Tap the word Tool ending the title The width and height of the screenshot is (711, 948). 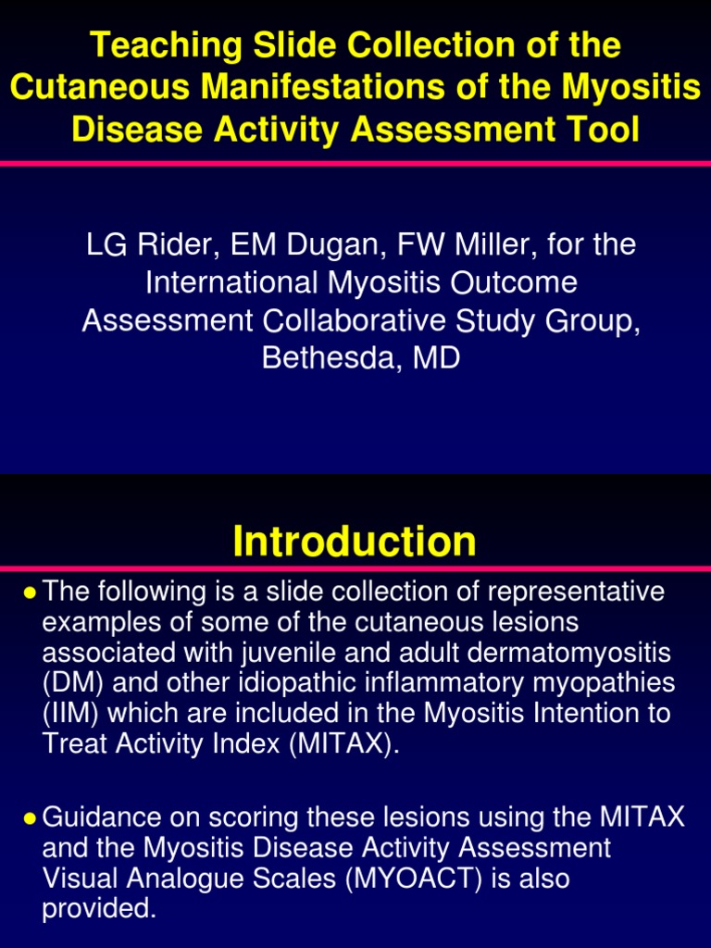(x=599, y=130)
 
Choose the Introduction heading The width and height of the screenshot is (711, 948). (x=355, y=541)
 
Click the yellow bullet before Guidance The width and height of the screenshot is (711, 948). (x=31, y=818)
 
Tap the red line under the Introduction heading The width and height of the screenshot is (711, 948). (x=355, y=568)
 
